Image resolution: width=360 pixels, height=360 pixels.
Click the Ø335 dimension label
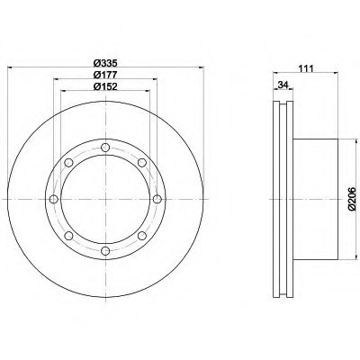click(104, 63)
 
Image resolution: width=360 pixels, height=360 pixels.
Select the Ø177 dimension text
click(104, 75)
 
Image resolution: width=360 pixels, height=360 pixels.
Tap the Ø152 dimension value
click(104, 86)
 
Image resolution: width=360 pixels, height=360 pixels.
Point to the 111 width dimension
click(306, 68)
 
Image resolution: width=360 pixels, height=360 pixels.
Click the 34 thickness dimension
click(283, 85)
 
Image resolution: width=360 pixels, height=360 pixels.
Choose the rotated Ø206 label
click(352, 199)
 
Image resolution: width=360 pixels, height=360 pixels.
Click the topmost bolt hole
click(105, 148)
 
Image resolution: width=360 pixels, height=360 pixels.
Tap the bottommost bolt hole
click(105, 251)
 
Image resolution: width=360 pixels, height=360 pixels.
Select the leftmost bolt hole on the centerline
click(54, 199)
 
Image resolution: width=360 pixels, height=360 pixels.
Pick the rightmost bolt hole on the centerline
click(157, 199)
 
